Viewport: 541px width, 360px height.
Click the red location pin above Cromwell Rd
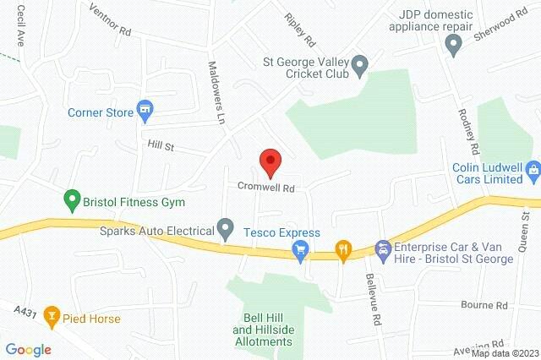[270, 160]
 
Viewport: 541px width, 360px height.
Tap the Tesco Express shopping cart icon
[298, 248]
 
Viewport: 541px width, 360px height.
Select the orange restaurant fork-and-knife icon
[342, 248]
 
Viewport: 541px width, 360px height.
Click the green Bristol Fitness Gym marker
[72, 202]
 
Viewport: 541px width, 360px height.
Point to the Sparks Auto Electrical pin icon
[225, 228]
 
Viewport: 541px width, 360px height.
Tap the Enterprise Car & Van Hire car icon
[383, 248]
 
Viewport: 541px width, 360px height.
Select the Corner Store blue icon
[145, 109]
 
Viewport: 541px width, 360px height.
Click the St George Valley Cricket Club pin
[359, 64]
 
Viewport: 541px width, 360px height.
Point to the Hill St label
[160, 147]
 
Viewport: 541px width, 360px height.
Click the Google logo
[28, 349]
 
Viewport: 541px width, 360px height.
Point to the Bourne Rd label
[484, 304]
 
